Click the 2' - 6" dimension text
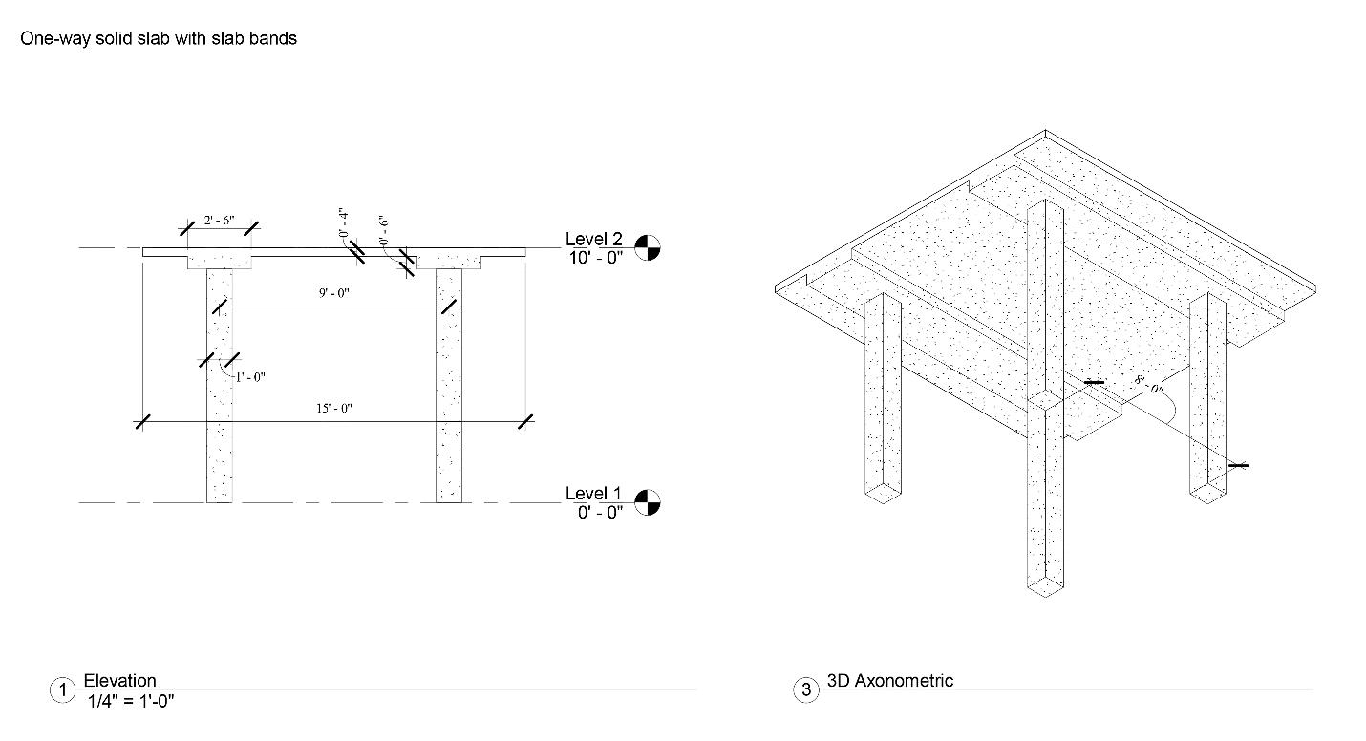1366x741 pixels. point(219,221)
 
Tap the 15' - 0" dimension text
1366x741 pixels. point(334,408)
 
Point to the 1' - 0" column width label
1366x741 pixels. point(250,377)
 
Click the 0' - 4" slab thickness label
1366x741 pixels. point(343,221)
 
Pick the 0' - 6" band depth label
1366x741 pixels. point(383,230)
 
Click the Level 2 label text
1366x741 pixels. point(593,239)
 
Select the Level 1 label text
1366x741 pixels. point(593,494)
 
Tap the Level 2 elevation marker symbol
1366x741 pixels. point(648,247)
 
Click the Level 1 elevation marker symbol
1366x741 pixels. point(648,502)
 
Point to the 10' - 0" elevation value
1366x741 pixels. point(594,257)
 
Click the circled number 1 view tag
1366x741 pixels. point(61,690)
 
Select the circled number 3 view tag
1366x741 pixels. point(806,690)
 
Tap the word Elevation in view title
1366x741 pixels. point(119,681)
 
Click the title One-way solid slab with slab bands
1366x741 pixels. point(159,39)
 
